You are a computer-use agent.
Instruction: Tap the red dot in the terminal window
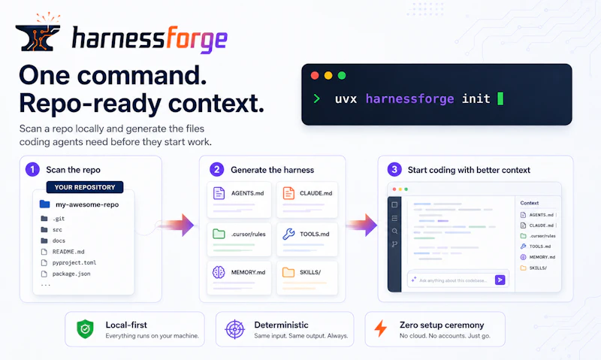click(315, 75)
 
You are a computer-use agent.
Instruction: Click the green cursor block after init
click(500, 98)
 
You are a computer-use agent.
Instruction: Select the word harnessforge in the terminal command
click(409, 99)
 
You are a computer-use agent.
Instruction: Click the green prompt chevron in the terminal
click(316, 98)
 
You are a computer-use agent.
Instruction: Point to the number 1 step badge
click(32, 169)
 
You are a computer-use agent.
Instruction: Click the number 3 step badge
click(394, 169)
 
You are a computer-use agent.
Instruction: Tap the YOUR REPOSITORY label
click(85, 187)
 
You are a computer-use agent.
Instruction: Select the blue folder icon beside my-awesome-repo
click(45, 204)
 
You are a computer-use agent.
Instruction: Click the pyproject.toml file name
click(74, 262)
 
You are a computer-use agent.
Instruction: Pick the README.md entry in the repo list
click(68, 252)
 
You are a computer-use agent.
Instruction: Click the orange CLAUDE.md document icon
click(288, 193)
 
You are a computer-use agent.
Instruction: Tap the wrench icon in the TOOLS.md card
click(288, 234)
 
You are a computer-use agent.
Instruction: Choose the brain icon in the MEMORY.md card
click(219, 272)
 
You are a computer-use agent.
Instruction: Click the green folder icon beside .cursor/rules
click(219, 234)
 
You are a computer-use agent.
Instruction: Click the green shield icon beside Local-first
click(85, 329)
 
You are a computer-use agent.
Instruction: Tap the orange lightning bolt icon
click(380, 328)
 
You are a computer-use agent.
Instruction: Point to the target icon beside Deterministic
click(234, 329)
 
